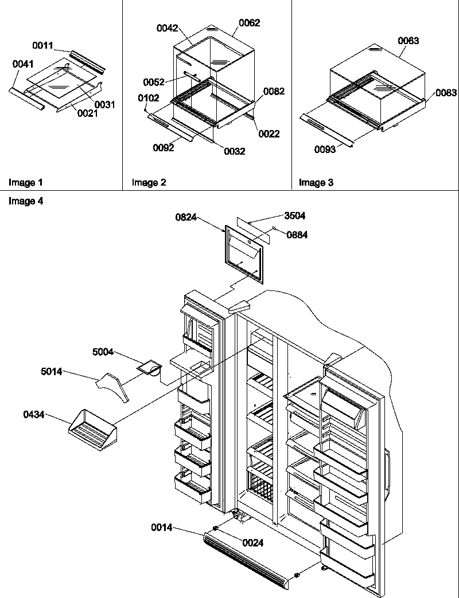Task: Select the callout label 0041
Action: (x=22, y=65)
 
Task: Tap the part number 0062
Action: (x=249, y=23)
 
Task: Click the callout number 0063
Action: (x=408, y=41)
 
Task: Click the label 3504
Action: (x=295, y=216)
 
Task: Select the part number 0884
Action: (x=297, y=235)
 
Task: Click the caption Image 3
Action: (x=316, y=183)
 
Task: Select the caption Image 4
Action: (x=25, y=201)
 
